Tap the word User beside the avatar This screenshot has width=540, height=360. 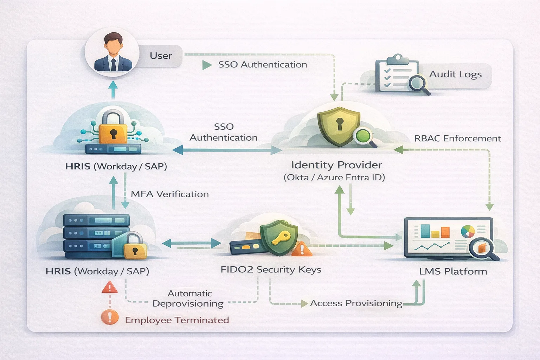click(161, 56)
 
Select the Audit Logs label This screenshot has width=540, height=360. click(455, 74)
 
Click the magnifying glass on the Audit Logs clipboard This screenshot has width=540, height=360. click(418, 84)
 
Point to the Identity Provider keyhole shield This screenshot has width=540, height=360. click(339, 126)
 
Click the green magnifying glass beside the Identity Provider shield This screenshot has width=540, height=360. click(364, 136)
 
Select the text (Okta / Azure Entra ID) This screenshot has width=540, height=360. click(334, 177)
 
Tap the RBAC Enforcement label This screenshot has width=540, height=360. click(457, 139)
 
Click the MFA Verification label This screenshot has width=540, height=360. click(169, 194)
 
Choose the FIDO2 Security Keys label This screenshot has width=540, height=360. click(271, 270)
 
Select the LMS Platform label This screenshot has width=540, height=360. click(453, 271)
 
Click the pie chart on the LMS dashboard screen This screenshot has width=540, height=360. click(468, 231)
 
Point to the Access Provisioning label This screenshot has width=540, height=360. click(356, 303)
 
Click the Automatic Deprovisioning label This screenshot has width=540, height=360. click(189, 298)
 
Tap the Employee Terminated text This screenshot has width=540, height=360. click(177, 320)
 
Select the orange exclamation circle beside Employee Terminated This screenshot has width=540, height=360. click(110, 317)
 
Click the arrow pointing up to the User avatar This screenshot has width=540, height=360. click(113, 89)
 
